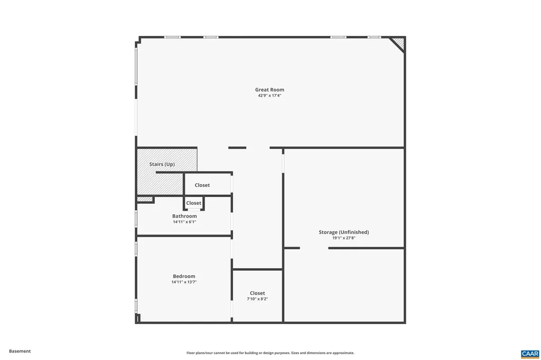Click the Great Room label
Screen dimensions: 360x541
(x=269, y=90)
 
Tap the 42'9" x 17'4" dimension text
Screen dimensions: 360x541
(x=269, y=96)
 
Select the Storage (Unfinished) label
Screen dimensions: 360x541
(x=343, y=232)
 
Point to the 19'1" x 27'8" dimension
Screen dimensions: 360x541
(x=343, y=238)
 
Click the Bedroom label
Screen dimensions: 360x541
(x=184, y=276)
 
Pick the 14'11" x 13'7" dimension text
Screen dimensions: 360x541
(x=184, y=282)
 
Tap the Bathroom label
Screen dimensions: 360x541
(x=184, y=216)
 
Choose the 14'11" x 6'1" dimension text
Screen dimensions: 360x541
(x=184, y=222)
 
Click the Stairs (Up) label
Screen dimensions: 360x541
(x=162, y=164)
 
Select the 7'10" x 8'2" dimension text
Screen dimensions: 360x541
(x=257, y=299)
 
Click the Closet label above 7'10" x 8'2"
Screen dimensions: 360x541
(x=257, y=293)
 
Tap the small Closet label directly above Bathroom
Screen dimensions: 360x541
(x=193, y=203)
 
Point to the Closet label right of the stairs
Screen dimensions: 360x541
(x=202, y=185)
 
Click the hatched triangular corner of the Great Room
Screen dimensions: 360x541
(x=399, y=42)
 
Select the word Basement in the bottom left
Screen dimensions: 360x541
(x=20, y=351)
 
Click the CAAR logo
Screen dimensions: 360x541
(x=529, y=354)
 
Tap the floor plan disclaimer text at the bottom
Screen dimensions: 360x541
(x=270, y=353)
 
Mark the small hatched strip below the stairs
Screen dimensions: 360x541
(x=145, y=199)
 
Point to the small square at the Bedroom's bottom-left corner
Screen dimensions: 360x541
(x=137, y=318)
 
